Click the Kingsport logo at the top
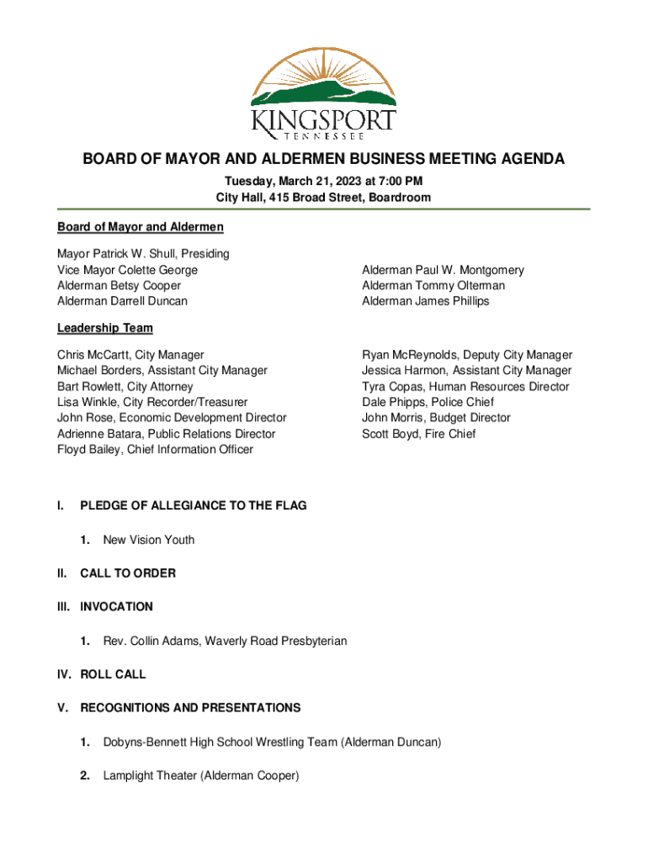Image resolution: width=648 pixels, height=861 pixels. tap(323, 92)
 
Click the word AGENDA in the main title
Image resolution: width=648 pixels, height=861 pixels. tap(528, 160)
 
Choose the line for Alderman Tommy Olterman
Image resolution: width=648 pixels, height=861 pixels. tap(433, 286)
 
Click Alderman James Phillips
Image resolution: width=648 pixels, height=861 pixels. tap(425, 301)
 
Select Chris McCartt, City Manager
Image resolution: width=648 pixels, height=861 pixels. tap(130, 355)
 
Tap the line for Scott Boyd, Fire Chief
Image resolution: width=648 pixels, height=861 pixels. tap(418, 434)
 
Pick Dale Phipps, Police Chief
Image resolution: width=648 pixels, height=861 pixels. tap(428, 402)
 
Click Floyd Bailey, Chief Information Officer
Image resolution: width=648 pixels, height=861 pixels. tap(155, 450)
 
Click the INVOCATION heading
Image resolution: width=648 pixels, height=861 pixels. tap(116, 606)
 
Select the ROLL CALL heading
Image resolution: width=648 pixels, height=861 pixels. tap(113, 674)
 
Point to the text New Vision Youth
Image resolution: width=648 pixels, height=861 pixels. tap(148, 540)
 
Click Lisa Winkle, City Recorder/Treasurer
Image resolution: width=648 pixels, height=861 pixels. tap(152, 402)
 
